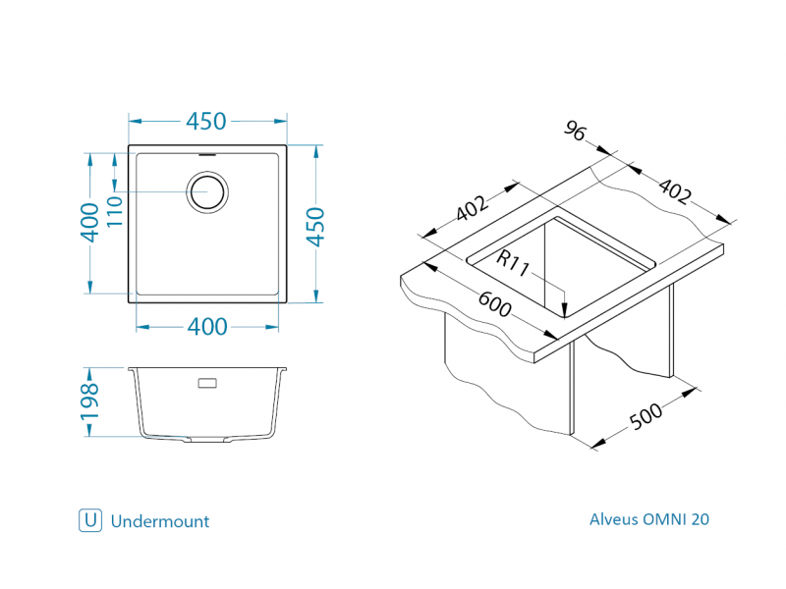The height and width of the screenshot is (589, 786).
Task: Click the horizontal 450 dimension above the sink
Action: coord(206,122)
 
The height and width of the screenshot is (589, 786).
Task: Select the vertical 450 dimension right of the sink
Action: coord(315,228)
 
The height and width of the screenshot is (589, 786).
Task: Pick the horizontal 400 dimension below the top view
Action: coord(206,327)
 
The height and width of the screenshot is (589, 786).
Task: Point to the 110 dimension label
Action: coord(114,211)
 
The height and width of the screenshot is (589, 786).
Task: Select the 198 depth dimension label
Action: coord(89,402)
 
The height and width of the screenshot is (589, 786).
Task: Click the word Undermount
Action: coord(160,521)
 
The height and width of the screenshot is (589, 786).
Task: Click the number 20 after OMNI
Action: coord(700,519)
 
